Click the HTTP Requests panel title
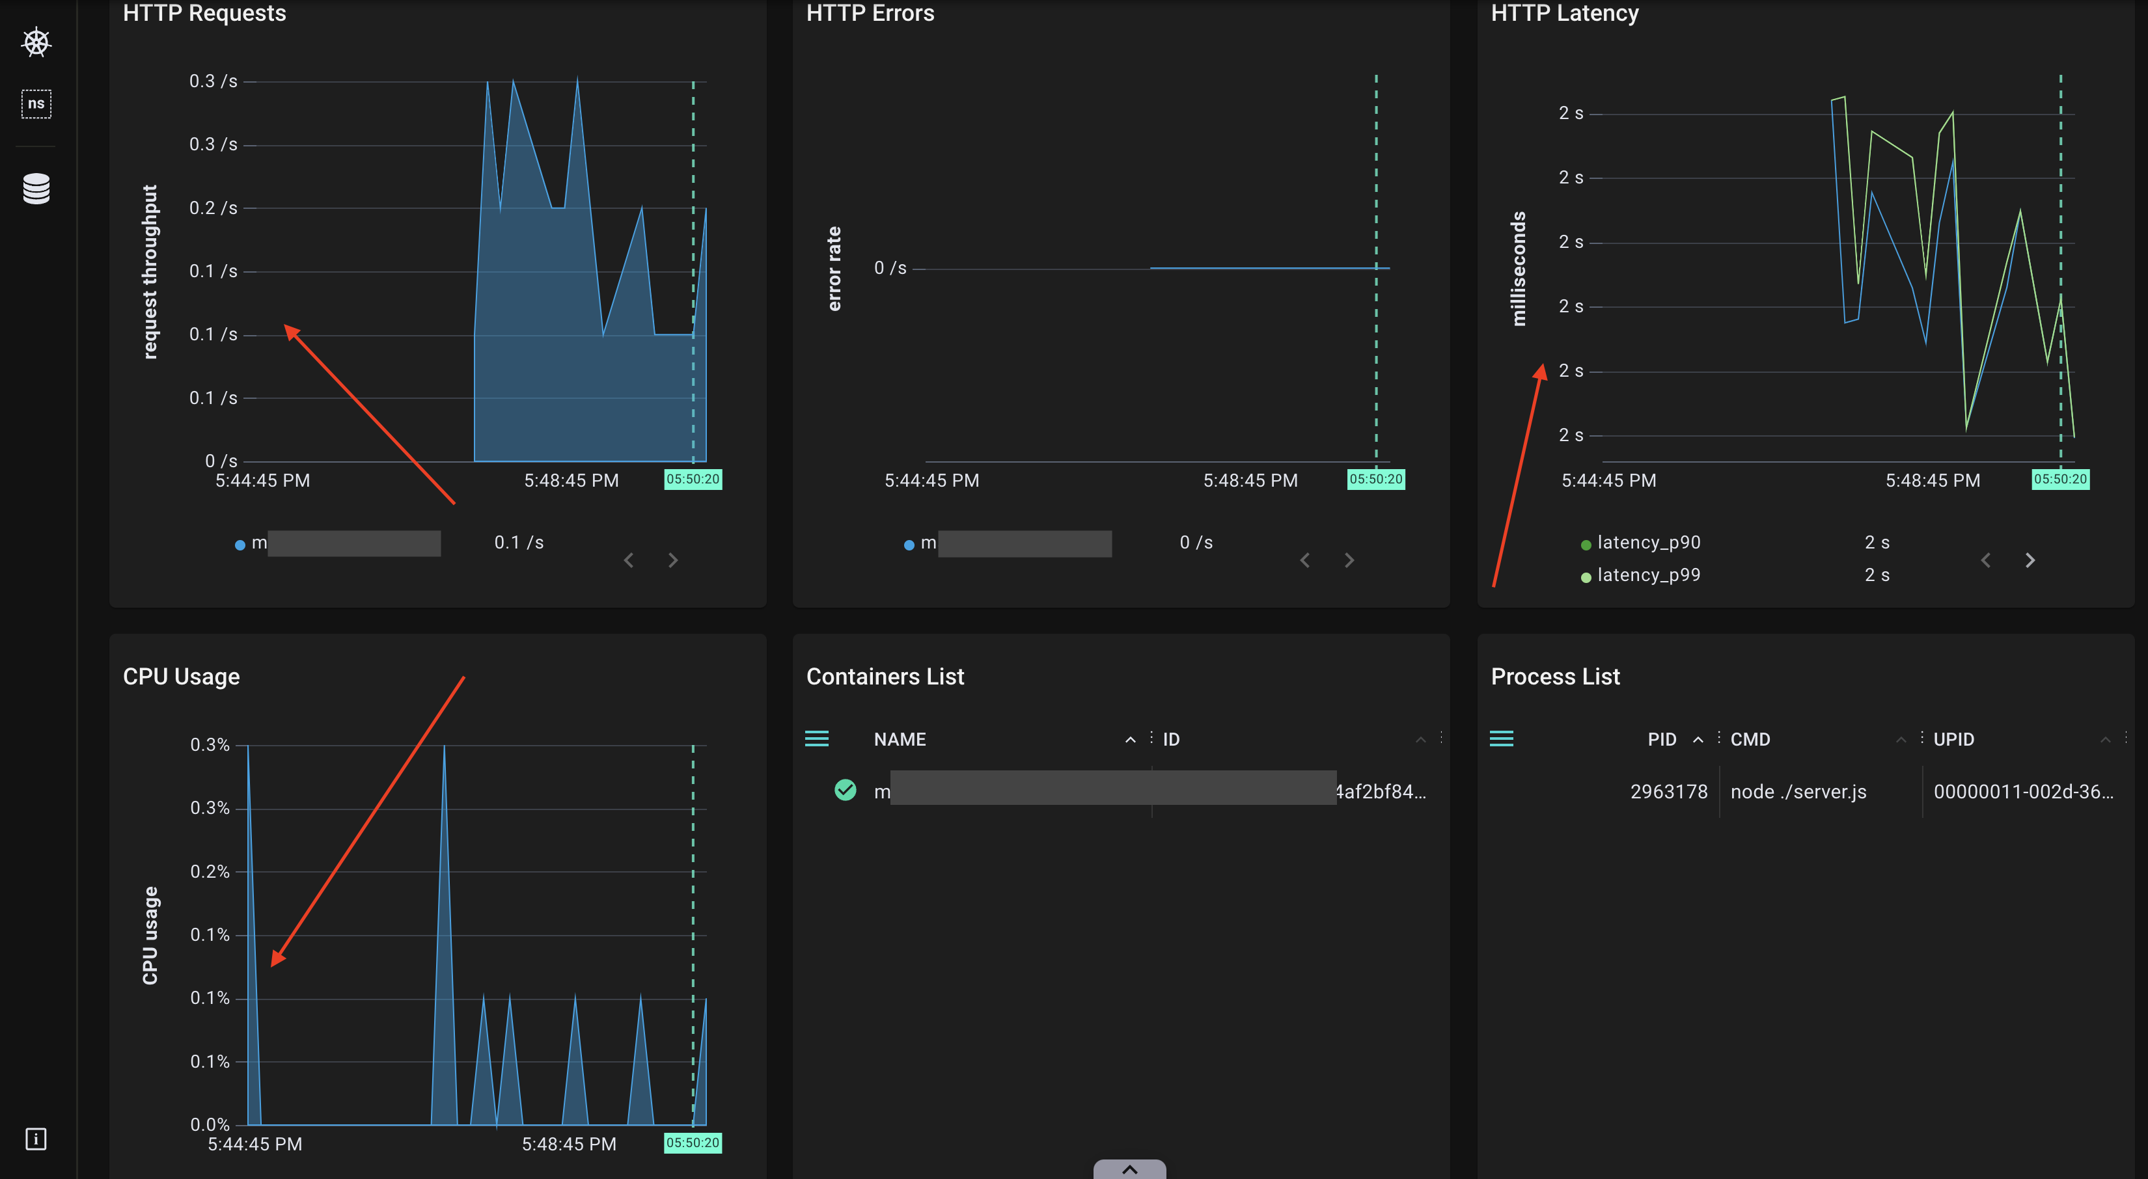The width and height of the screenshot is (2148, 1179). pos(204,14)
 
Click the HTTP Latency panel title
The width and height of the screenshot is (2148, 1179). pos(1564,14)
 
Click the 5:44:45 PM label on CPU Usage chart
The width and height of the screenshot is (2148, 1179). pos(255,1144)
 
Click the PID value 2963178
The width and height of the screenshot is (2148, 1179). pos(1668,792)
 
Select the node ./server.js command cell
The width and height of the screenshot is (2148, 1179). pos(1798,792)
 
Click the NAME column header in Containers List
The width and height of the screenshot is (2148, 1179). pos(900,740)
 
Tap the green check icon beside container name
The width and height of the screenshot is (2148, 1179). pos(845,790)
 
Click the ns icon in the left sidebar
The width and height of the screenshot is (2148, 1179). pos(36,104)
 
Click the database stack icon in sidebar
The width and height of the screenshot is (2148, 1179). pos(36,189)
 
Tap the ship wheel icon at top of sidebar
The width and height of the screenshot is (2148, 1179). pos(36,42)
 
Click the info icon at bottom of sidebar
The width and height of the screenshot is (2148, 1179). pos(36,1139)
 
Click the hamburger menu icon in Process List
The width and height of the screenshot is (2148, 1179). pos(1501,739)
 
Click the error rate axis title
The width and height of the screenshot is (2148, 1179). pos(834,269)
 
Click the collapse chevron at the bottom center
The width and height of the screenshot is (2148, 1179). pos(1129,1169)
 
